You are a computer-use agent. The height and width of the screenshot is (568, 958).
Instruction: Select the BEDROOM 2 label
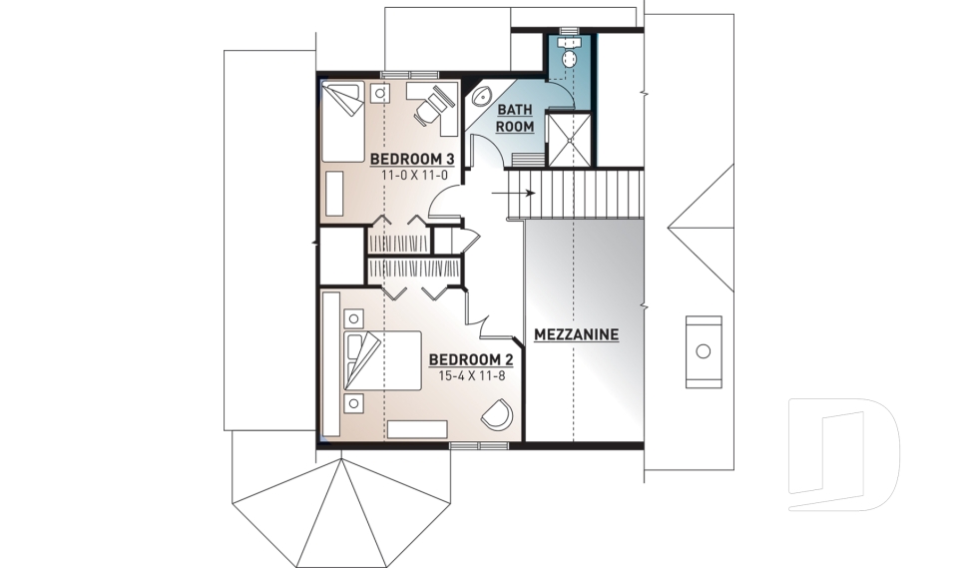coord(471,360)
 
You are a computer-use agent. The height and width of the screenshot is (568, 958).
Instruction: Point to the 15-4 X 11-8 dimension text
coord(471,377)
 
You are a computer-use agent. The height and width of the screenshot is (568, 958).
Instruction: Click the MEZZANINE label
coord(577,334)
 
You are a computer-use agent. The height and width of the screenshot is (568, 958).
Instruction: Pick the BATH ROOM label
coord(516,118)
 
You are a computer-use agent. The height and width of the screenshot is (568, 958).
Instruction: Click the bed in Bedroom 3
coord(342,120)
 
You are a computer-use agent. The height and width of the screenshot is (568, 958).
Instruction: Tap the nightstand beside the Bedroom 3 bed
coord(380,93)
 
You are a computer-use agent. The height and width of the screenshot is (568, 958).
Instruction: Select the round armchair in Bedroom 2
coord(497,414)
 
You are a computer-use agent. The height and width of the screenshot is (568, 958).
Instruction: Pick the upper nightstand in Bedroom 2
coord(353,318)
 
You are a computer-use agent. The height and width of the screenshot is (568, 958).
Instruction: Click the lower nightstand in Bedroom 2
coord(353,403)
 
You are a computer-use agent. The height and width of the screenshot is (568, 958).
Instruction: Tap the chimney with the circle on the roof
coord(703,350)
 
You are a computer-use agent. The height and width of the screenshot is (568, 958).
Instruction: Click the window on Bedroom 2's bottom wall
coord(465,444)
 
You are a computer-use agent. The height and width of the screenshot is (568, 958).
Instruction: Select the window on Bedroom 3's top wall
coord(409,74)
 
